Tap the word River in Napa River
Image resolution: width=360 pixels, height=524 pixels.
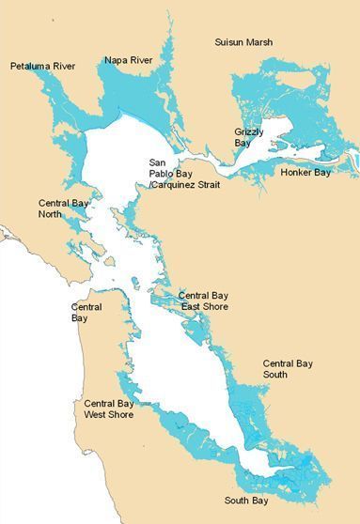(x=140, y=60)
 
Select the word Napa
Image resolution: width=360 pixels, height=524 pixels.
(x=116, y=60)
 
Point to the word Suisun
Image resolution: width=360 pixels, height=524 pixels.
(x=231, y=43)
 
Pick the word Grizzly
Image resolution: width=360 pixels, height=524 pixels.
(x=249, y=132)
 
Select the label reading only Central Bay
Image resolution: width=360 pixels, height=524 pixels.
(x=86, y=313)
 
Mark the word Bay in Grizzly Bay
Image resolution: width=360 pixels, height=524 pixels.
(x=243, y=144)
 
